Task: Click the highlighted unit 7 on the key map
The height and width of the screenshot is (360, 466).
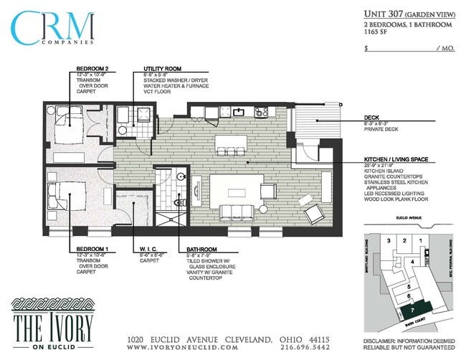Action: click(413, 310)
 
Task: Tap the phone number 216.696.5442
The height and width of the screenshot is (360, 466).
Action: click(304, 348)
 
